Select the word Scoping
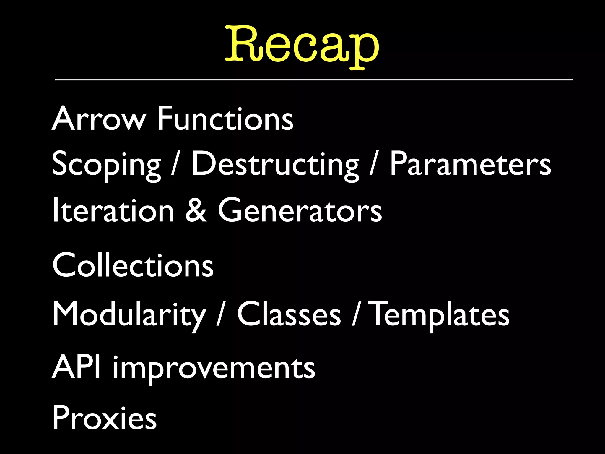click(106, 164)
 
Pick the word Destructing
click(275, 164)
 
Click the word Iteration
click(113, 210)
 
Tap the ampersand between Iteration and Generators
click(196, 210)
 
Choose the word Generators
click(300, 210)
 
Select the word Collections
click(133, 265)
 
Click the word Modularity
click(129, 314)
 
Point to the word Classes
click(289, 314)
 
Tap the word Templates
click(440, 314)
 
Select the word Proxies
click(104, 417)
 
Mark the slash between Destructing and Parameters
click(374, 164)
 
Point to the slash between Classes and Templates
click(356, 314)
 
